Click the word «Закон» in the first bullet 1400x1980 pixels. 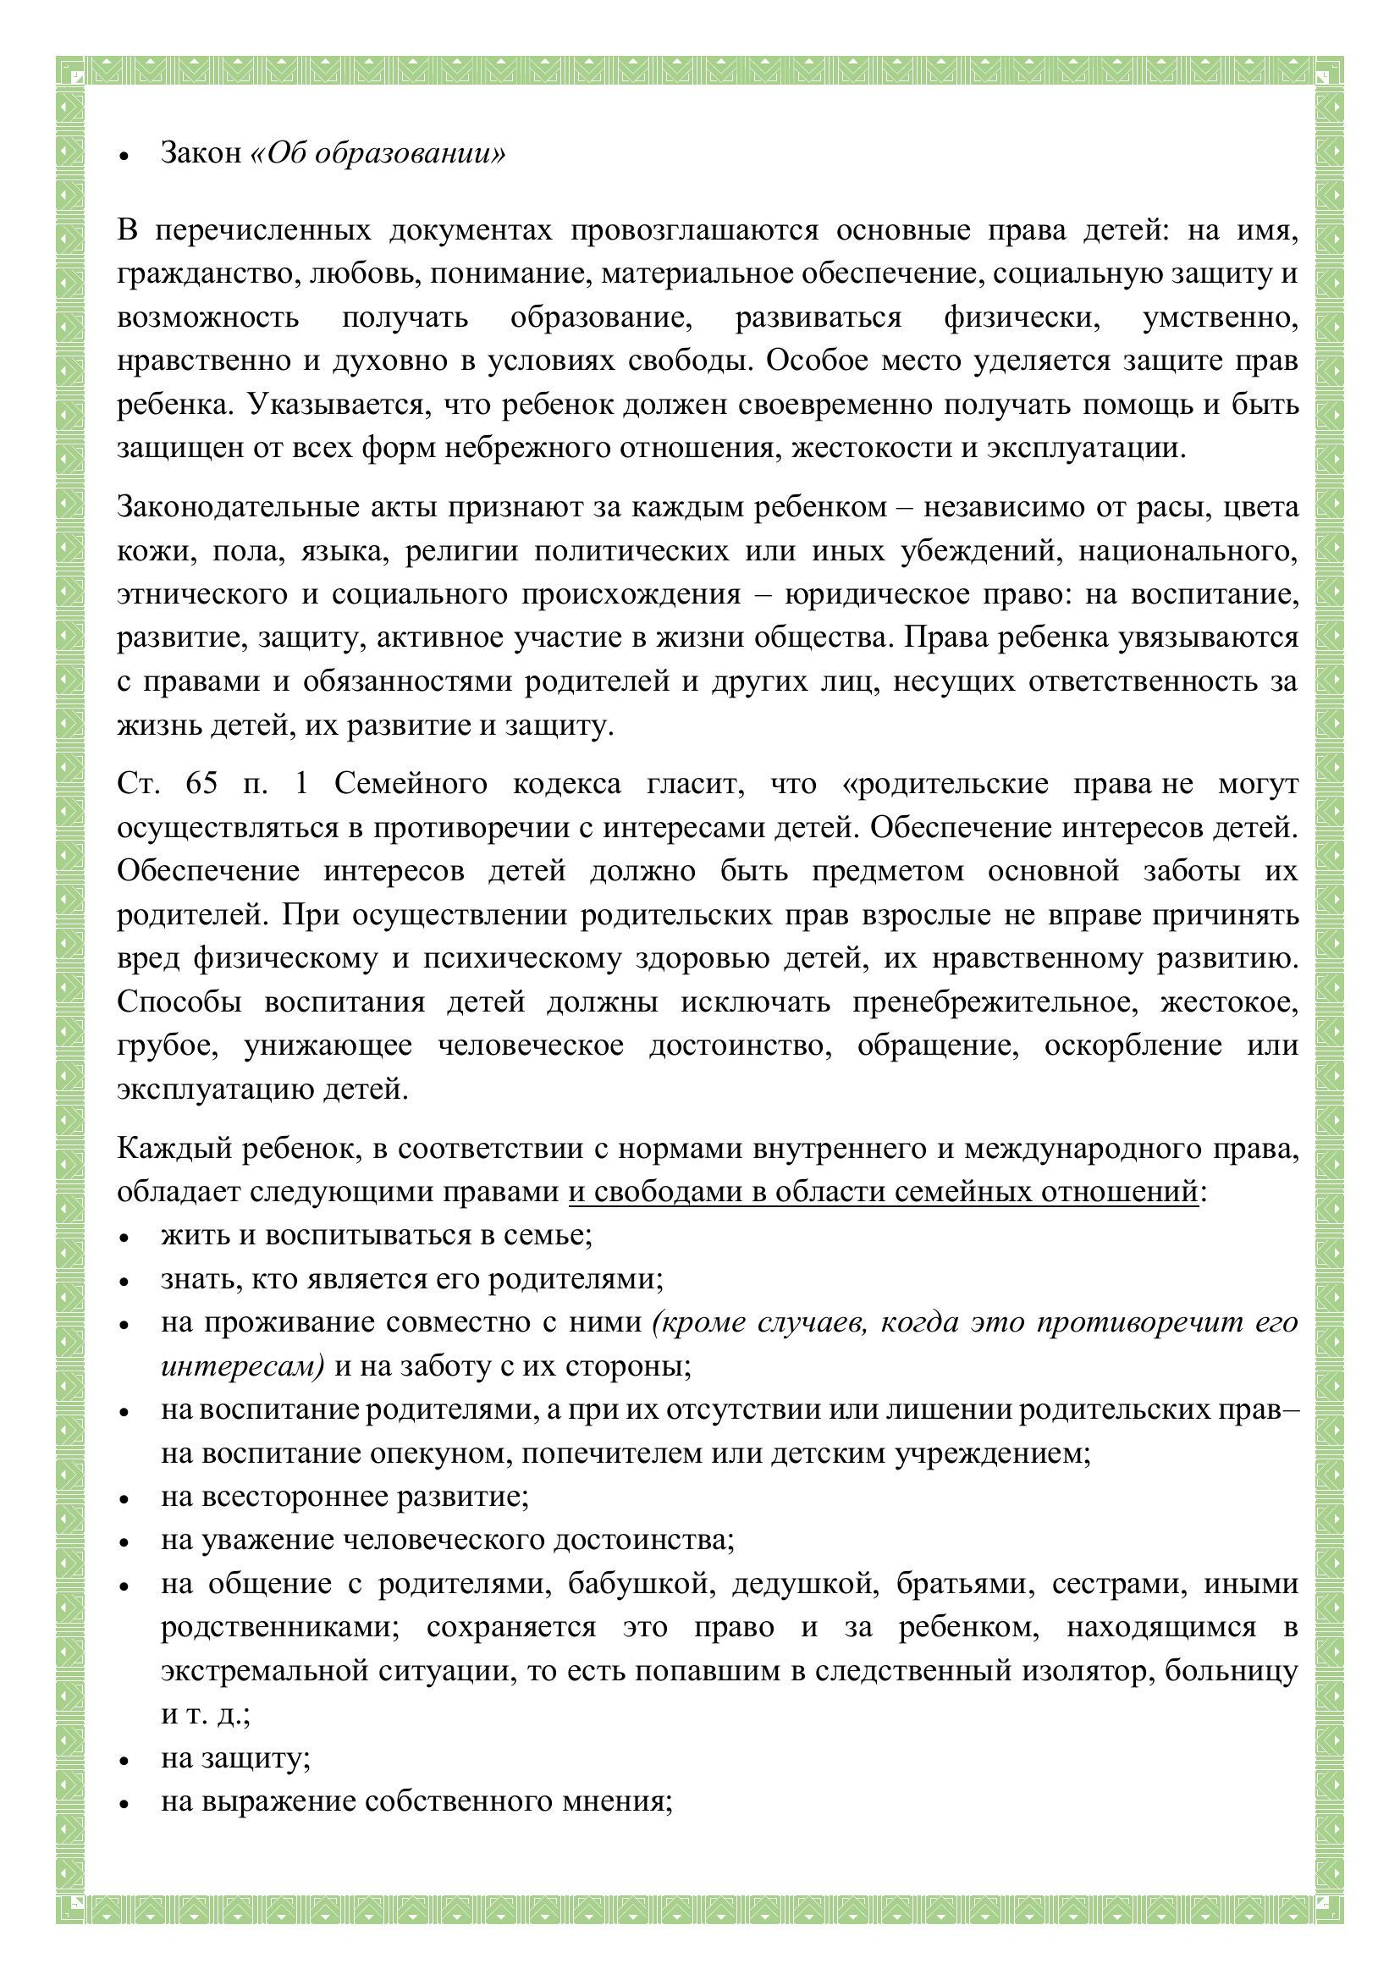[201, 153]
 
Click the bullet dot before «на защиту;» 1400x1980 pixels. [125, 1759]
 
